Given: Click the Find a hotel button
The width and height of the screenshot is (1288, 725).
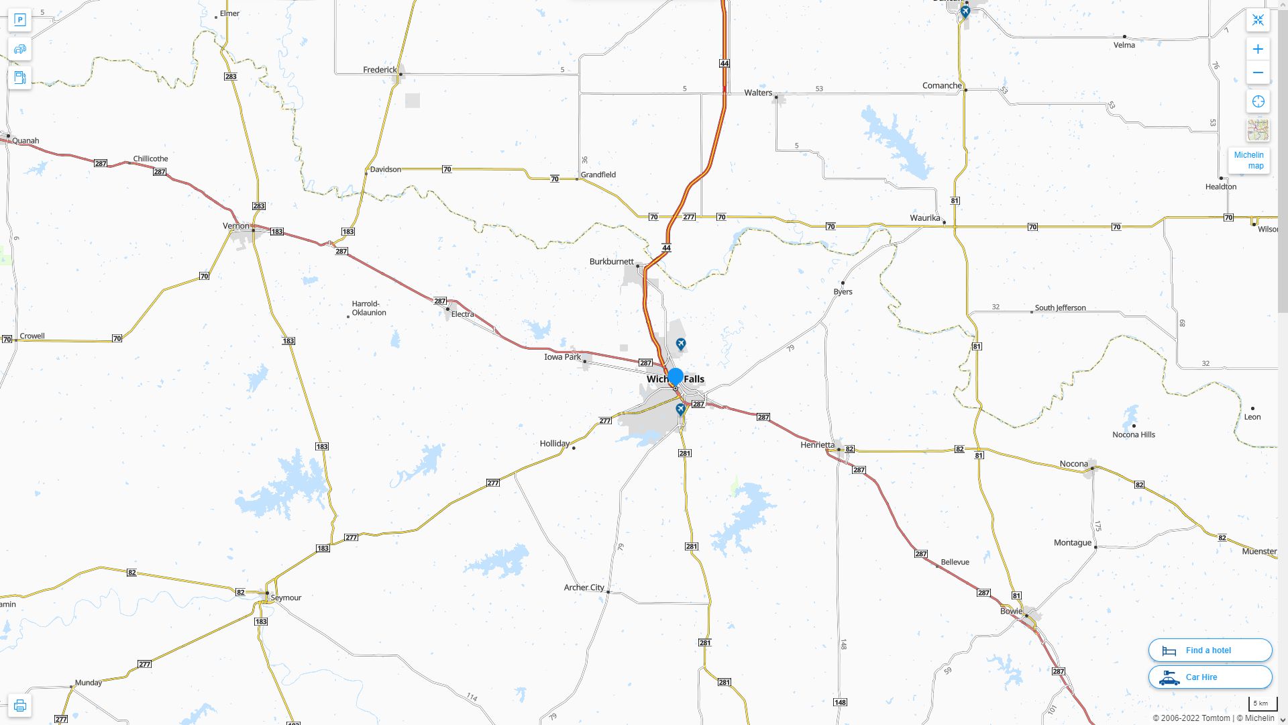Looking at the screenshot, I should coord(1210,650).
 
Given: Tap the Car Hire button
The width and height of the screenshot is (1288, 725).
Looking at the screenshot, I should coord(1210,677).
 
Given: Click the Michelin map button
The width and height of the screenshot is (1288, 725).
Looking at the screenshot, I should coord(1248,160).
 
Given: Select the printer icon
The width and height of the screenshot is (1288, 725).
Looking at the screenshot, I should coord(20,706).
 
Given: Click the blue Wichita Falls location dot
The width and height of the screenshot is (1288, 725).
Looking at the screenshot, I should coord(676,376).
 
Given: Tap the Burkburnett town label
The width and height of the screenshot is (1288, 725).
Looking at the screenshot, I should coord(611,262).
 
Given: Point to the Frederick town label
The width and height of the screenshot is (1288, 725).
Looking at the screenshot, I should coord(380,70).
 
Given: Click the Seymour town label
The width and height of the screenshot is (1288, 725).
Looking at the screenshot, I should coord(286,597).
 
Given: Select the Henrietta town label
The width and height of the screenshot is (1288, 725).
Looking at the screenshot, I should coord(817,445).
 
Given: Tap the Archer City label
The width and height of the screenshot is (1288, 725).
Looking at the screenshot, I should coord(584,587).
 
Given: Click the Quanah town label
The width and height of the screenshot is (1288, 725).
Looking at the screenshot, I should coord(25,141).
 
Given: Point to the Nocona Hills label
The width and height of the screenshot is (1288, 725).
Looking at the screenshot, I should coord(1133,434).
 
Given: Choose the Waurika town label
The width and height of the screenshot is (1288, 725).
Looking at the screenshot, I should coord(924,218).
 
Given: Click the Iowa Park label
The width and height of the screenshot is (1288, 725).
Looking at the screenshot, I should coord(562,357).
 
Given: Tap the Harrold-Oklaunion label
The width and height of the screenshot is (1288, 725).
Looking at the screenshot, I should coord(368,308).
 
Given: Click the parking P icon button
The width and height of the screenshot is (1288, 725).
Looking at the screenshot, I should coord(20,19).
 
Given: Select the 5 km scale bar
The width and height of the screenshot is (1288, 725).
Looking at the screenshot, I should coord(1262,704).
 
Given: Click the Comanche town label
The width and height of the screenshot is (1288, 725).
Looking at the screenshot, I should coord(941,86).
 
